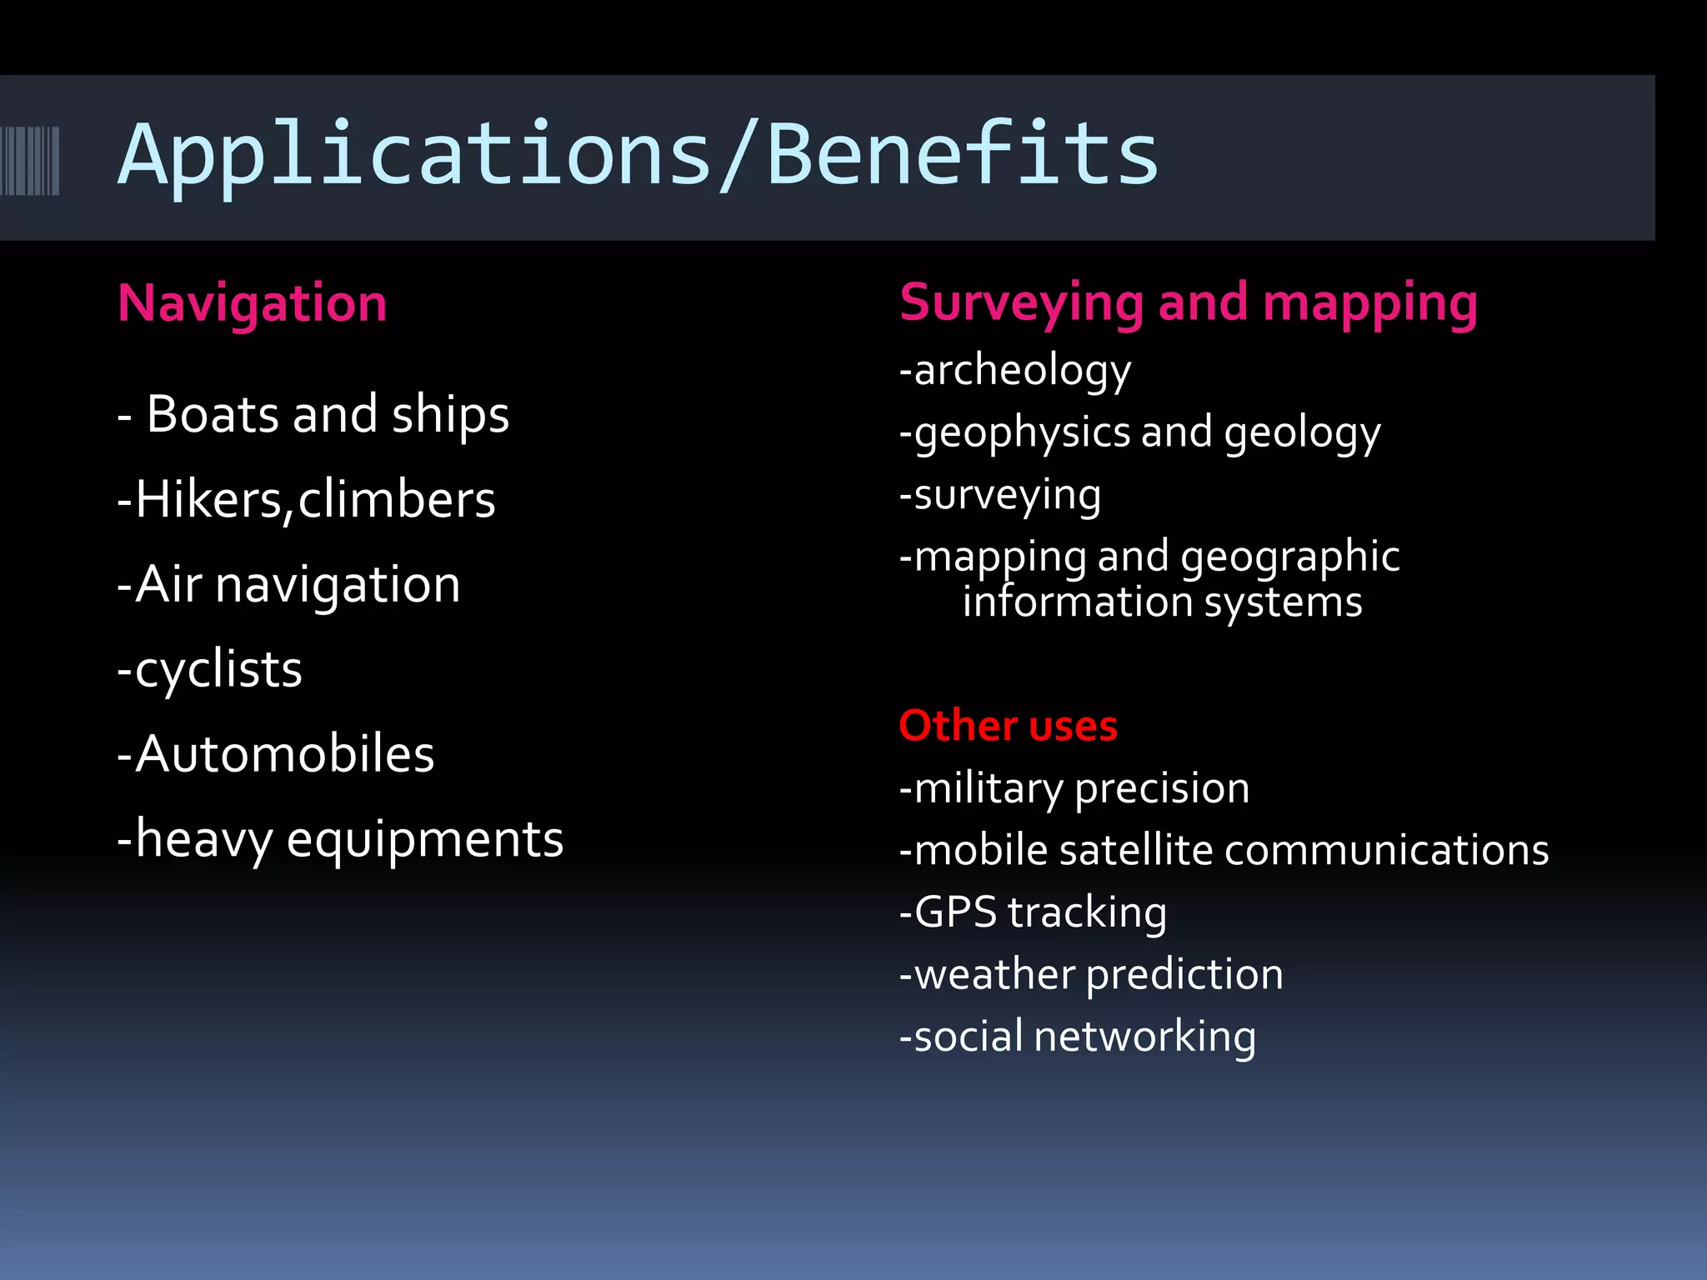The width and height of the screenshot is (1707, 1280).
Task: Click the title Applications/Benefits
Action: [x=638, y=155]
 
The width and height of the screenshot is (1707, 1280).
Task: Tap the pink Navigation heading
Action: [x=252, y=302]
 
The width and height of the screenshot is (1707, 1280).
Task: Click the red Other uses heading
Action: [x=1008, y=725]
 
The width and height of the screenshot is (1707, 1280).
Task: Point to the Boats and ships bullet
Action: [x=313, y=414]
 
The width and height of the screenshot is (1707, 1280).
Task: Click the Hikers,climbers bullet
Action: [x=307, y=499]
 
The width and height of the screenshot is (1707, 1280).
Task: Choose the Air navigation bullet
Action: [x=289, y=584]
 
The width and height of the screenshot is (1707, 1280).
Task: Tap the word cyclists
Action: [x=218, y=669]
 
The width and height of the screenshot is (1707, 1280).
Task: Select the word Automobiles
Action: [x=284, y=754]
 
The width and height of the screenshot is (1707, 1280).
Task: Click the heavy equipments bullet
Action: [x=341, y=839]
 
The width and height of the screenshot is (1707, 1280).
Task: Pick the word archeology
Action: [x=1023, y=370]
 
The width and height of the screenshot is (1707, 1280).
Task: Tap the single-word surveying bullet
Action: [x=1007, y=495]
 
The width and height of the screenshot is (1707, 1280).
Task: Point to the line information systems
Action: [x=1162, y=602]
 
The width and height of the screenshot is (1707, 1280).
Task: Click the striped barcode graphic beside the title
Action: [x=30, y=161]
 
